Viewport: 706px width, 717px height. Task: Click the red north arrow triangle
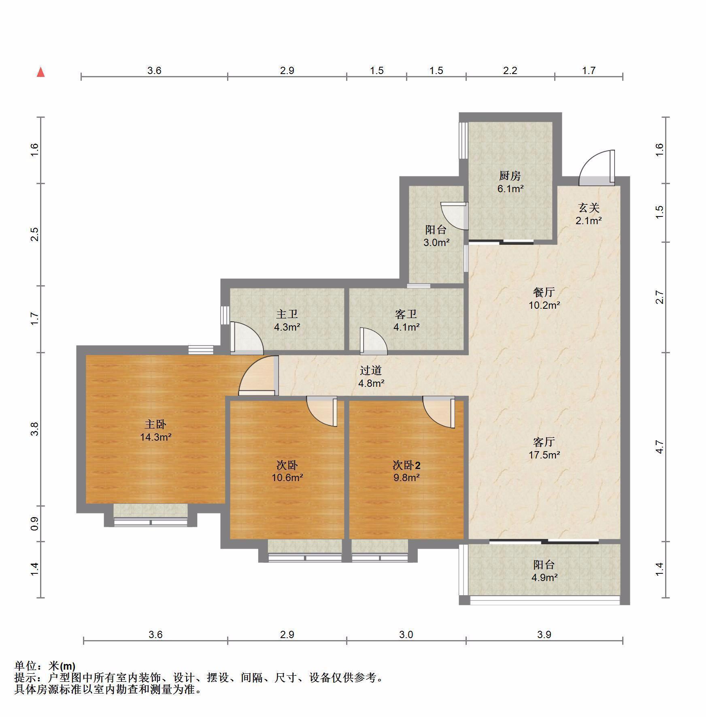40,72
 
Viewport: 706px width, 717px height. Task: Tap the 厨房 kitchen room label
510,176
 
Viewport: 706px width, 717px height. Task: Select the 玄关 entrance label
589,208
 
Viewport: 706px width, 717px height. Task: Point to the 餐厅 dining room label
544,292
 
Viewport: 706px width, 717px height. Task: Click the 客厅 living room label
544,442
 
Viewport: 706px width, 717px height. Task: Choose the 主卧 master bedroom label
155,424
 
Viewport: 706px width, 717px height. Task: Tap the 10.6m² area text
287,477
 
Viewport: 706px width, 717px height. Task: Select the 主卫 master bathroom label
287,314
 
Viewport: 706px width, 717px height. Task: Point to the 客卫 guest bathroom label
406,314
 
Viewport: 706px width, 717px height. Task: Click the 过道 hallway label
371,370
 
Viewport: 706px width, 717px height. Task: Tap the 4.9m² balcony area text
544,577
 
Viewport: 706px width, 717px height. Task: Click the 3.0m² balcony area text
436,242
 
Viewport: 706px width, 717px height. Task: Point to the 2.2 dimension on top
510,70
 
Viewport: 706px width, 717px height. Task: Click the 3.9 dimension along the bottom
544,634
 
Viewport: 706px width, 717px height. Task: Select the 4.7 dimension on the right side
660,447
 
